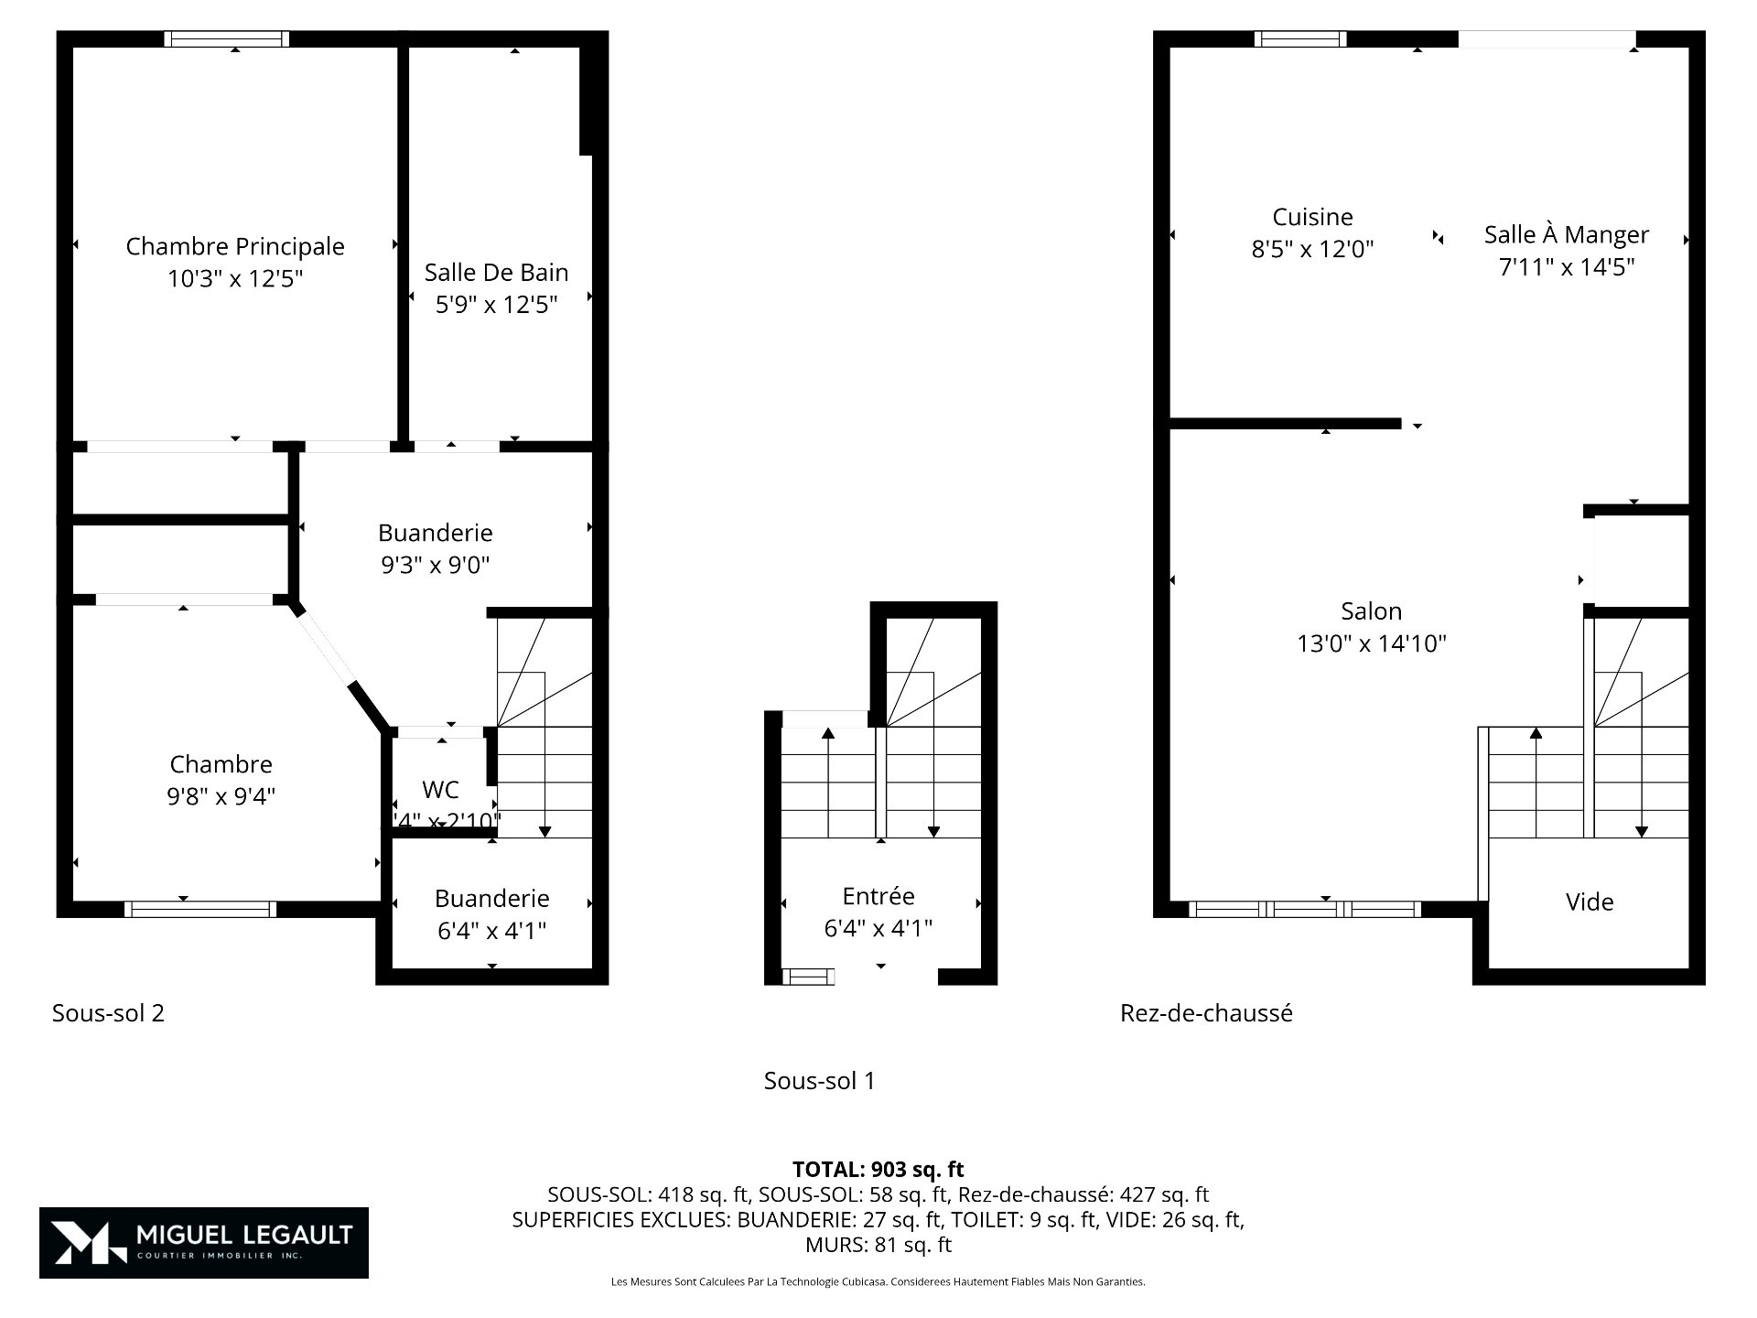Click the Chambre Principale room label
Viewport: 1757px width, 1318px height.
point(235,246)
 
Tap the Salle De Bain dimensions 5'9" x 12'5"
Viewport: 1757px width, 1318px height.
point(496,305)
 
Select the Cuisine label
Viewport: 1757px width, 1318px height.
point(1312,217)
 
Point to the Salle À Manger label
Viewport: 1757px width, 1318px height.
point(1566,235)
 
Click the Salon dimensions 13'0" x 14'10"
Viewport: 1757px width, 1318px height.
point(1371,643)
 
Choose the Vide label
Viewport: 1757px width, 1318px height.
point(1589,902)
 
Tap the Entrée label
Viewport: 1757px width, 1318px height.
point(878,896)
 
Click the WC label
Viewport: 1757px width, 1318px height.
point(440,790)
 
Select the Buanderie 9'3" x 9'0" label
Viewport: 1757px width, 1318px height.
point(436,533)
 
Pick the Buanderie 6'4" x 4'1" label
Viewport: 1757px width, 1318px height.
point(491,899)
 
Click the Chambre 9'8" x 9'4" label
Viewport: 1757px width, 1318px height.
point(221,764)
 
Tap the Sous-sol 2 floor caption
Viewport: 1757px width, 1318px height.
point(108,1013)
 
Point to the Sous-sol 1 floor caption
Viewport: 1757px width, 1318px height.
point(819,1081)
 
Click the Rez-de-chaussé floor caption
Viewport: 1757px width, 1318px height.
point(1206,1013)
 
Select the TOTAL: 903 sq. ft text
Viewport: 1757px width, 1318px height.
point(878,1169)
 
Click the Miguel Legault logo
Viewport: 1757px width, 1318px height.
point(203,1242)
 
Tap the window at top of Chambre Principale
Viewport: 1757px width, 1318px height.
point(227,38)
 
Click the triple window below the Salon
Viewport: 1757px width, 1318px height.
point(1304,909)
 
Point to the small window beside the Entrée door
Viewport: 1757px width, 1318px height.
point(807,977)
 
